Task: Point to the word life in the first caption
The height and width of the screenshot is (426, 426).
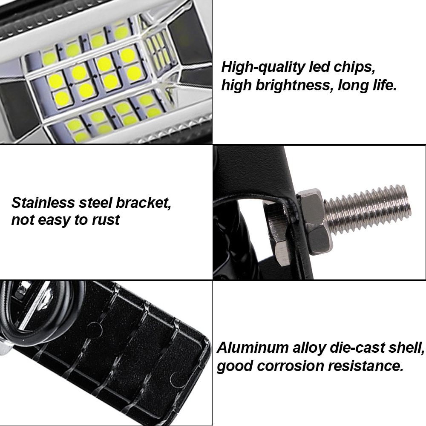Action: [x=382, y=86]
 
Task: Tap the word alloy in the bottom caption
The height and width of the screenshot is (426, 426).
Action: [x=308, y=348]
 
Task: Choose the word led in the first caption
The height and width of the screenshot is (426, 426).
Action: [x=315, y=67]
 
